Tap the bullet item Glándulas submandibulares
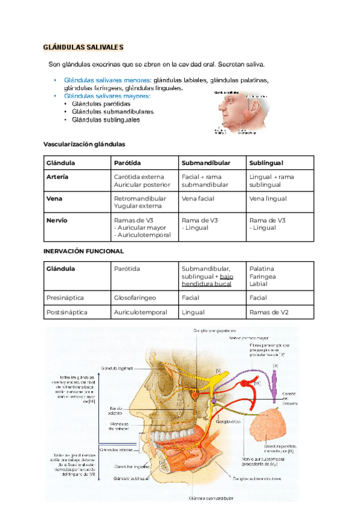112,112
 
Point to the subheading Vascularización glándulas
84,144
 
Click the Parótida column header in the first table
127,163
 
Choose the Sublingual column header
266,163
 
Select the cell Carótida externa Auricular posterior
142,181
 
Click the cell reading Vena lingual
268,199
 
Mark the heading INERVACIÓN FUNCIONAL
84,251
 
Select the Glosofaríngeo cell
136,297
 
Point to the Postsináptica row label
67,312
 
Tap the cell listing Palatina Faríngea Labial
262,276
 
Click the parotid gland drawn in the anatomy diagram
275,426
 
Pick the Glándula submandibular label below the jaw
212,498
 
